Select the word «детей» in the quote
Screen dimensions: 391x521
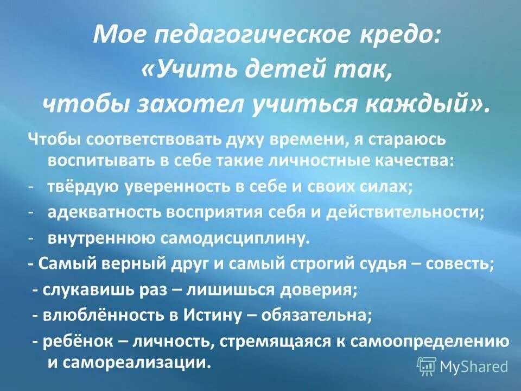(x=275, y=70)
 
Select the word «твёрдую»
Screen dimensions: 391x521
(x=84, y=186)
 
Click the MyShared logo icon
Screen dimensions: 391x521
(x=427, y=365)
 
